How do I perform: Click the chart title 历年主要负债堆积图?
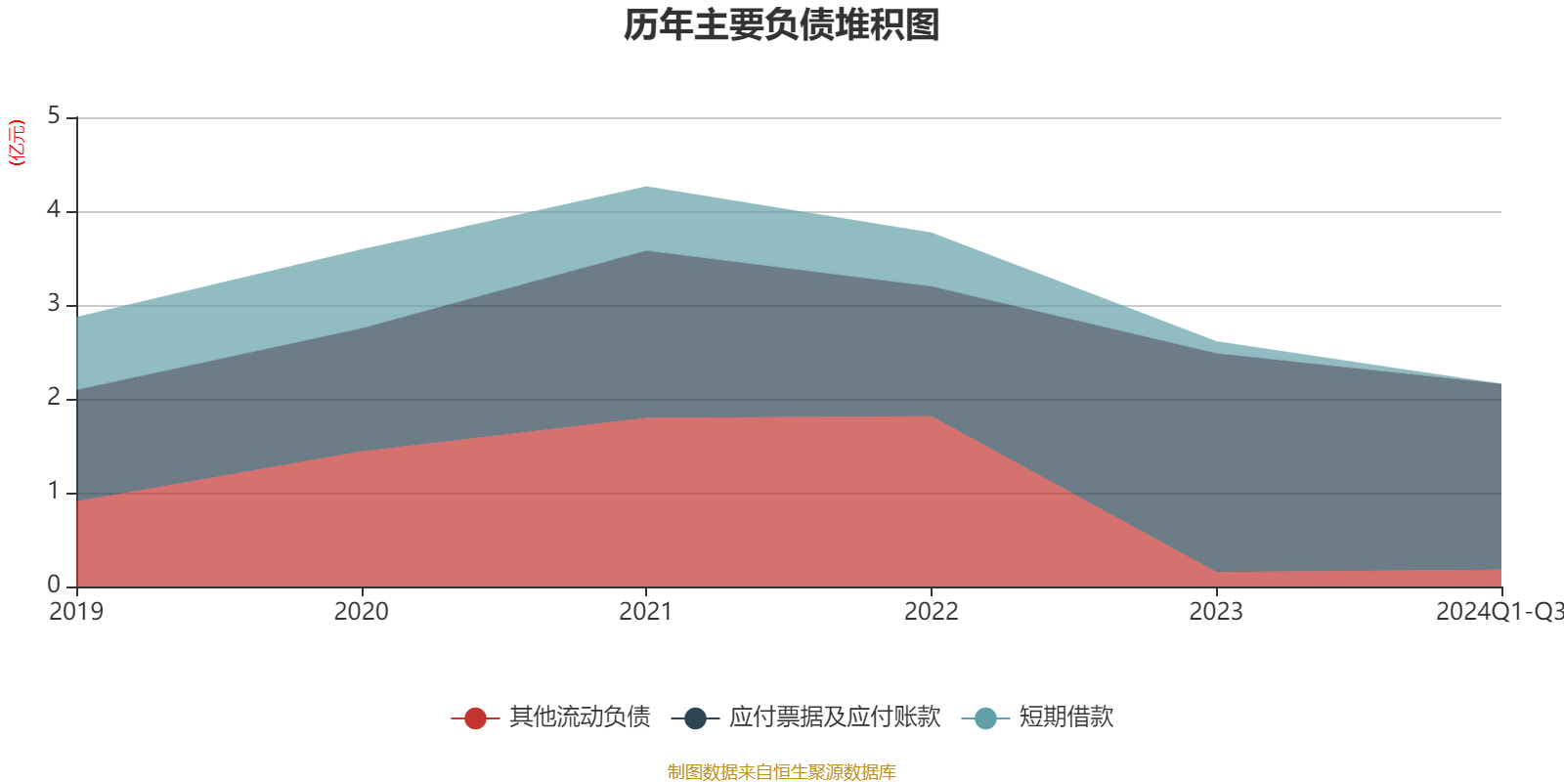[782, 25]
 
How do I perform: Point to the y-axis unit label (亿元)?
[17, 143]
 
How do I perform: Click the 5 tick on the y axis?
[54, 116]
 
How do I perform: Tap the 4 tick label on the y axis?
[54, 210]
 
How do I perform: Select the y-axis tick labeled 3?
[54, 304]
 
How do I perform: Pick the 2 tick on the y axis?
[54, 398]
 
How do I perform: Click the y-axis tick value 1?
[54, 492]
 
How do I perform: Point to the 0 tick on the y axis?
[54, 586]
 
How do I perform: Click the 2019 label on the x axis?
[76, 612]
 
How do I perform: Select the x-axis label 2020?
[361, 612]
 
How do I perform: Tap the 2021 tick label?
[646, 612]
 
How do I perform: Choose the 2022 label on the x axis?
[931, 612]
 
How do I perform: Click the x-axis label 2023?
[1216, 612]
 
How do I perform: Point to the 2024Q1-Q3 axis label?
[1499, 612]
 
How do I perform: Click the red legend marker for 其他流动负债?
[475, 718]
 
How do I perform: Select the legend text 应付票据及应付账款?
[834, 717]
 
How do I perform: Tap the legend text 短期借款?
[1065, 717]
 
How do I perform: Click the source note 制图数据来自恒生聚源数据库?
[782, 772]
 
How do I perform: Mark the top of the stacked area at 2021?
[646, 186]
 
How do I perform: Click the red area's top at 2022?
[931, 416]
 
